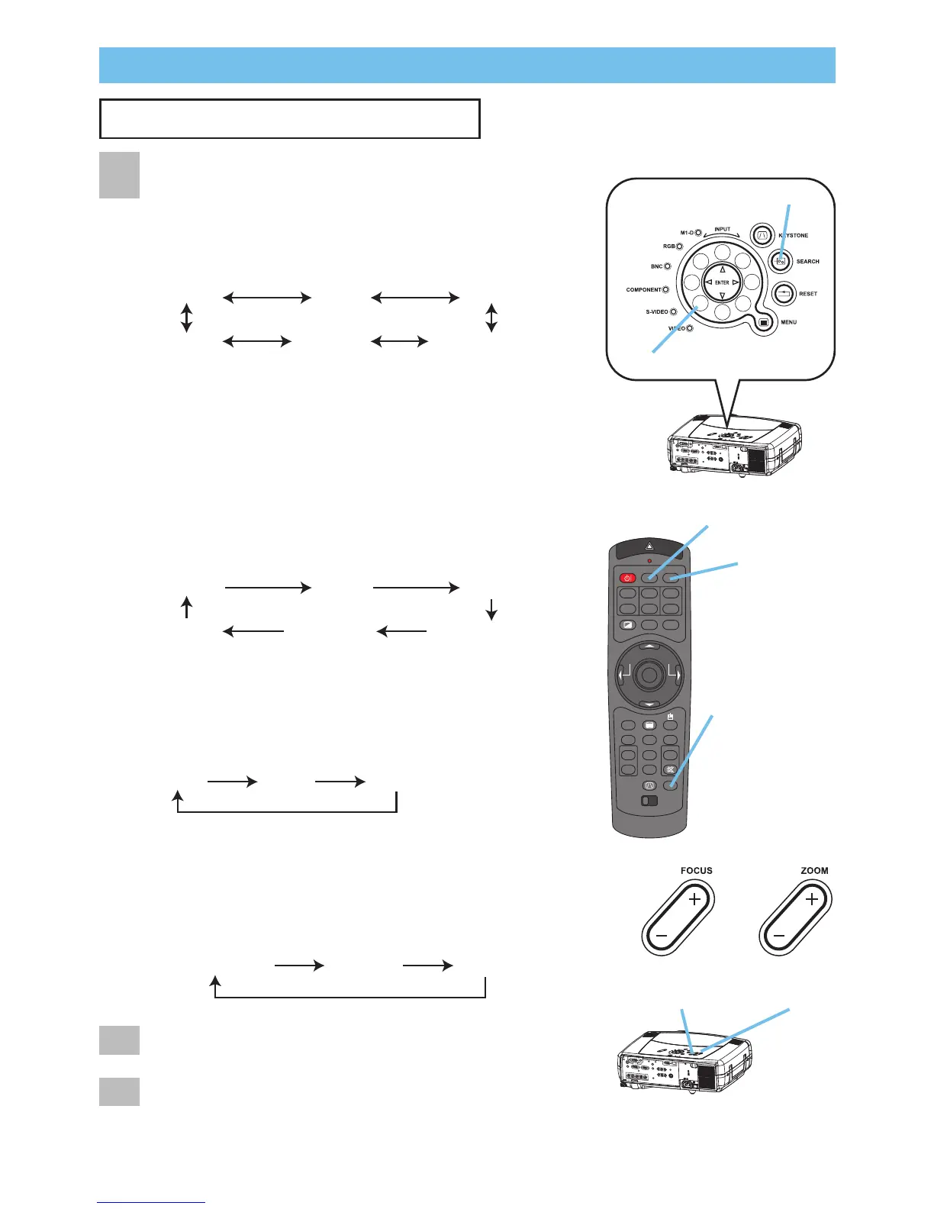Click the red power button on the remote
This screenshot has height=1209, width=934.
coord(627,578)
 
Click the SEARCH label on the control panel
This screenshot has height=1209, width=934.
coord(807,262)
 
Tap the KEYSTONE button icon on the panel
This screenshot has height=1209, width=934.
coord(761,235)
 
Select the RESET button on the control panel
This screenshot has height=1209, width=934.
coord(784,293)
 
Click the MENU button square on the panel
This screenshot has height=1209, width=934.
coord(764,322)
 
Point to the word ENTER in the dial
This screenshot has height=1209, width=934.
coord(722,282)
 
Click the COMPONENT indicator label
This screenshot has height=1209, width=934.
coord(643,290)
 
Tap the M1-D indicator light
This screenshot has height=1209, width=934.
coord(698,232)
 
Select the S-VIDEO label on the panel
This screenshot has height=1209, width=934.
coord(656,312)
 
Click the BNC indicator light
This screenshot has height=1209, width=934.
coord(668,266)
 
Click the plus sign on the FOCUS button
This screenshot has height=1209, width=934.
coord(694,900)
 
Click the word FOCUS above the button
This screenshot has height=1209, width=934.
coord(696,871)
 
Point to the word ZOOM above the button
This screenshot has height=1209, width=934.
coord(814,871)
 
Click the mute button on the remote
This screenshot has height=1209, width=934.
coord(670,770)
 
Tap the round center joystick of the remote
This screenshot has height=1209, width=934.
coord(649,674)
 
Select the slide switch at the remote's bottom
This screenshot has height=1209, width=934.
coord(649,801)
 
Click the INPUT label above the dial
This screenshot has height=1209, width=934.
coord(722,229)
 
